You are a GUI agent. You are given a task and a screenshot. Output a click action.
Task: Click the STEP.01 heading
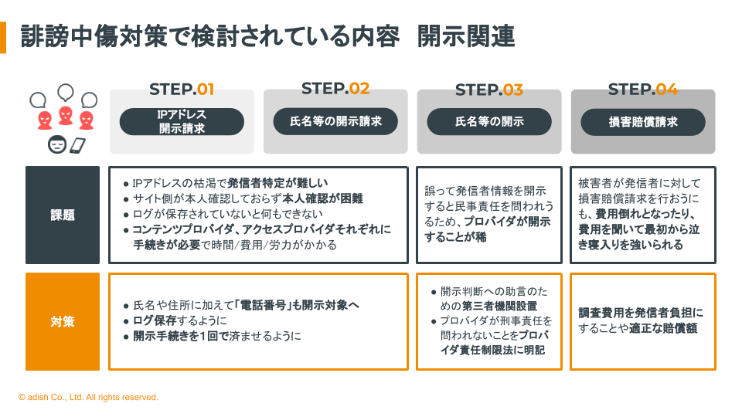[x=182, y=90]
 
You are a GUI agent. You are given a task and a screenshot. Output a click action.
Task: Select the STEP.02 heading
[x=335, y=88]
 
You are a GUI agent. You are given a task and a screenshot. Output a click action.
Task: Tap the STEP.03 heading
[x=488, y=90]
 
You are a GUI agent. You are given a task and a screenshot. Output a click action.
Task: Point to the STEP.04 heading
[x=642, y=89]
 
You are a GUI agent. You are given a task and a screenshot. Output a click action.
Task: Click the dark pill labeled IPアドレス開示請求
[x=182, y=121]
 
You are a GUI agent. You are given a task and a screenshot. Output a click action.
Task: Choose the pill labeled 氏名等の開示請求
[x=335, y=121]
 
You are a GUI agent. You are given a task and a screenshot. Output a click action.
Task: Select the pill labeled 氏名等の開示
[x=489, y=121]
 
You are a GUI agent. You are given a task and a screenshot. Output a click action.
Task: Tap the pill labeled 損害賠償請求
[x=643, y=122]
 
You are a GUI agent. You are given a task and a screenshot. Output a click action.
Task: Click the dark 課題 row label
[x=63, y=215]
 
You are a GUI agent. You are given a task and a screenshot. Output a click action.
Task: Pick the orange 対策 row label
[x=63, y=321]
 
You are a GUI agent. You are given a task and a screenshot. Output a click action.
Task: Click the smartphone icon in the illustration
[x=77, y=146]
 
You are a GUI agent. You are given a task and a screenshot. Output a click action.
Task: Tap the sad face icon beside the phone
[x=57, y=144]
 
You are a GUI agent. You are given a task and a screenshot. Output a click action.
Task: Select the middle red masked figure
[x=65, y=116]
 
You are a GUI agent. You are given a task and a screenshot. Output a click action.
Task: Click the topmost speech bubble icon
[x=66, y=92]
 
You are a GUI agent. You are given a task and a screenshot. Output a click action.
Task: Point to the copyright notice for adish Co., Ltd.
[x=88, y=397]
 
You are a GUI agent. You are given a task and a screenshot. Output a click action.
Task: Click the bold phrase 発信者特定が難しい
[x=277, y=183]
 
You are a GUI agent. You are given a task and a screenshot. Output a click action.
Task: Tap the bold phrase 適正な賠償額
[x=663, y=328]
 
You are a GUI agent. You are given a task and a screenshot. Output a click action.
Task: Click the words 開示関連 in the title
[x=466, y=36]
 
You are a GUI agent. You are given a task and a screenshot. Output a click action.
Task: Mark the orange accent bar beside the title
[x=3, y=37]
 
